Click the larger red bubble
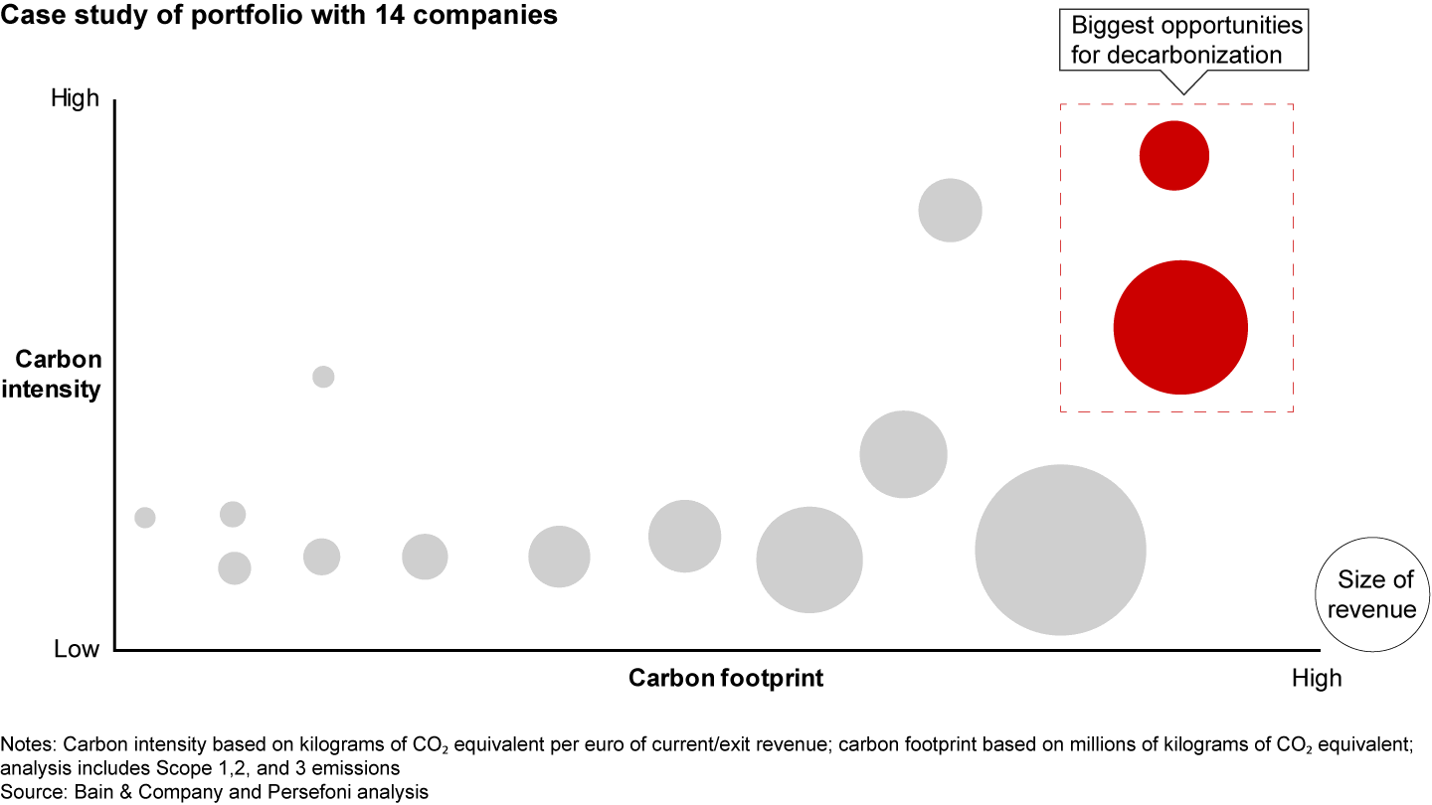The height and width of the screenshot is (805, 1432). pyautogui.click(x=1180, y=327)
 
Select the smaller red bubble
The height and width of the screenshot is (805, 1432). pyautogui.click(x=1173, y=155)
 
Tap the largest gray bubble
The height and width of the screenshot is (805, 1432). pyautogui.click(x=1060, y=550)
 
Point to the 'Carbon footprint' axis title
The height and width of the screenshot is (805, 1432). pyautogui.click(x=726, y=679)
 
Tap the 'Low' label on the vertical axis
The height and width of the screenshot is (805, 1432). pyautogui.click(x=78, y=649)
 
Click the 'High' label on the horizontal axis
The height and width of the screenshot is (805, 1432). pyautogui.click(x=1317, y=679)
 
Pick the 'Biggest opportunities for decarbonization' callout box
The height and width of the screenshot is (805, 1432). pyautogui.click(x=1186, y=40)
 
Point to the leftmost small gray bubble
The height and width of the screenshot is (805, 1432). pyautogui.click(x=145, y=517)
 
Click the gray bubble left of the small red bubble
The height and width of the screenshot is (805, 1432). pyautogui.click(x=950, y=210)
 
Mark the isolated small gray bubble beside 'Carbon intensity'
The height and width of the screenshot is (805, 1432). pyautogui.click(x=323, y=377)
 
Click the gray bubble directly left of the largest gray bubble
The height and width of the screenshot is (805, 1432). pyautogui.click(x=808, y=560)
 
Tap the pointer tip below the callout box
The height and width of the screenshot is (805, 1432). pyautogui.click(x=1182, y=92)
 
